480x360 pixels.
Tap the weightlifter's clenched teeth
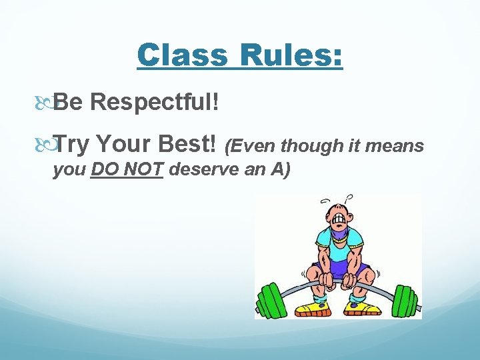(x=340, y=218)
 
